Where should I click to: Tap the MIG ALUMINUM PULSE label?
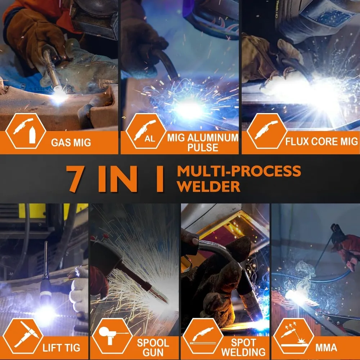click(203, 142)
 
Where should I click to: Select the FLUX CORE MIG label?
click(321, 141)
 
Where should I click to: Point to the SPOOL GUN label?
click(153, 347)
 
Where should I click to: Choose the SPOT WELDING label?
click(244, 347)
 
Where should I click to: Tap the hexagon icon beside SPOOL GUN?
click(112, 336)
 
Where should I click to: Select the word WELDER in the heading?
click(208, 186)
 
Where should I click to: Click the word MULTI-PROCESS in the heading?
click(238, 171)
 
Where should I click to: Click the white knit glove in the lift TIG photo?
click(79, 288)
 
